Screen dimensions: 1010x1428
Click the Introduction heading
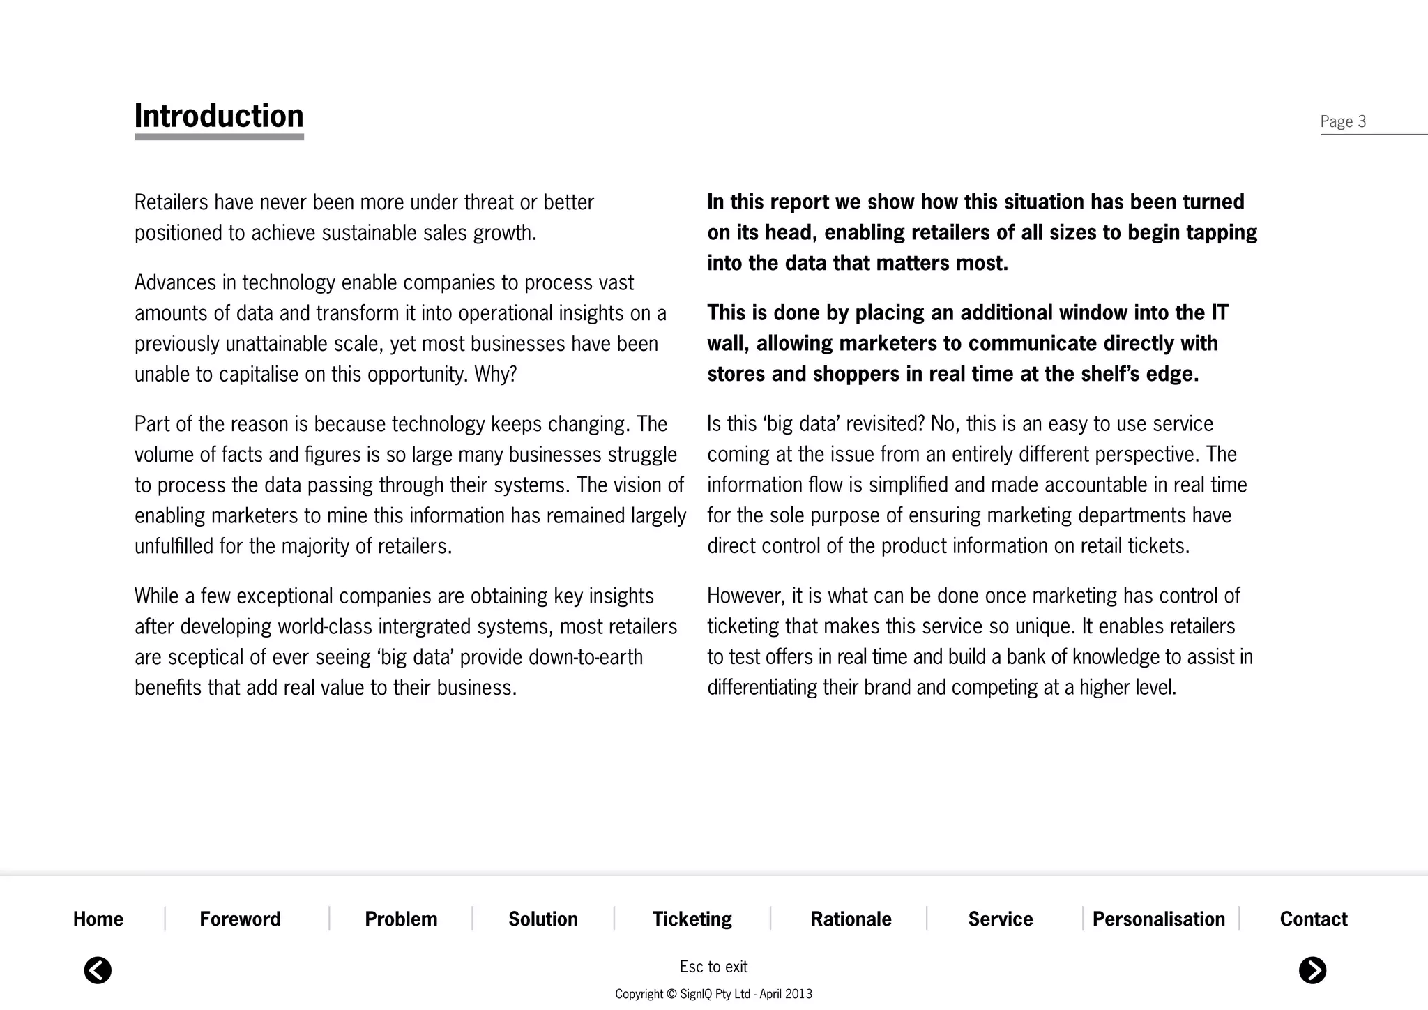tap(219, 116)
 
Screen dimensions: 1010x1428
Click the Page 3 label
tap(1342, 122)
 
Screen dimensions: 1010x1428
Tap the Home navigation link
tap(98, 919)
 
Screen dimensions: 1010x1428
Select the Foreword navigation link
tap(240, 919)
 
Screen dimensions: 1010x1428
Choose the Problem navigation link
tap(401, 919)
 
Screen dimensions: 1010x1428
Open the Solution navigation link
tap(543, 919)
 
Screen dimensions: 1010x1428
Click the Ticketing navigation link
tap(692, 919)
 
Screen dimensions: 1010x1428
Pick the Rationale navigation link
tap(851, 919)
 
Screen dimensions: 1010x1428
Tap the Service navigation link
tap(1000, 919)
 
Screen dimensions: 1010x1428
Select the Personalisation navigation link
tap(1158, 919)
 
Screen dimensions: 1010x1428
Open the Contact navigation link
tap(1314, 919)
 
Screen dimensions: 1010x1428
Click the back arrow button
tap(98, 970)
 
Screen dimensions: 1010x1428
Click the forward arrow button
tap(1312, 970)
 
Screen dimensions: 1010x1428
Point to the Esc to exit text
tap(713, 967)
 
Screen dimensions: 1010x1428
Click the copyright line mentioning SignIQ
tap(713, 994)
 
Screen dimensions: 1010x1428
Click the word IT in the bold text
tap(1219, 312)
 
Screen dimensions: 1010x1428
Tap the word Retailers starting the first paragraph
tap(171, 202)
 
